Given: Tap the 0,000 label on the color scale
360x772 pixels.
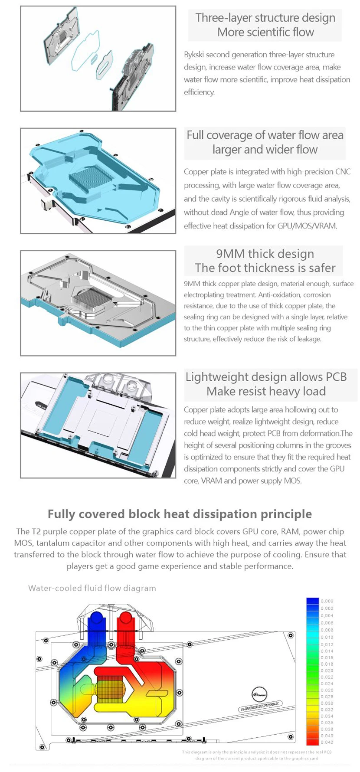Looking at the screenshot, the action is tap(327, 601).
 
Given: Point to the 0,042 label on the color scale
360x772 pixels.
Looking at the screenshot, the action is tap(327, 743).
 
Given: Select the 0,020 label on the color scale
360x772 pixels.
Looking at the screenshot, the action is tap(327, 671).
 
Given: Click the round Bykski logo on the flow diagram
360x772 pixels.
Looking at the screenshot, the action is tap(259, 694).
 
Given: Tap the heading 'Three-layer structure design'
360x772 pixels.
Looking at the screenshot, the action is tap(265, 18).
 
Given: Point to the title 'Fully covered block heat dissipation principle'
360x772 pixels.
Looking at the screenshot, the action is tap(180, 514).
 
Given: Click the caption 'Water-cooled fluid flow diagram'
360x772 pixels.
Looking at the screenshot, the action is tap(92, 588).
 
